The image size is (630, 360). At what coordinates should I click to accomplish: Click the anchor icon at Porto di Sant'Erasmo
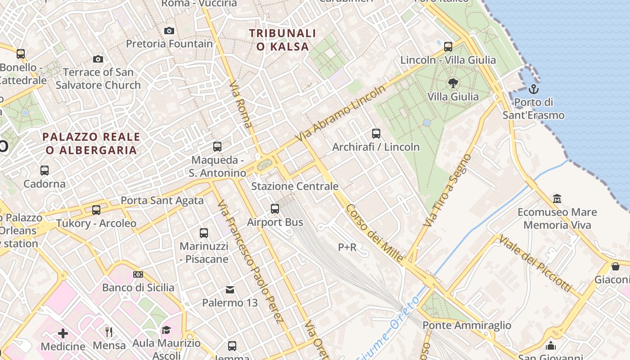tap(533, 89)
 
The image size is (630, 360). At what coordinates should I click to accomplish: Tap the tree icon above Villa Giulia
tap(453, 83)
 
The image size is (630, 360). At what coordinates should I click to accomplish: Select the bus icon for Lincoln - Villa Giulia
tap(448, 46)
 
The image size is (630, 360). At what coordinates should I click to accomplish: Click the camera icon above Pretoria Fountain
tap(169, 31)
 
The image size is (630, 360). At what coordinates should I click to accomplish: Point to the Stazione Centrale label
tap(295, 186)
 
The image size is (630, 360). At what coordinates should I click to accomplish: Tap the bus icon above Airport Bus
tap(275, 209)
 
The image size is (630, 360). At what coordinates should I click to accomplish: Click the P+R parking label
tap(347, 247)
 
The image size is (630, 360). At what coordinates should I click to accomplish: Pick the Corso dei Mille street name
tap(374, 234)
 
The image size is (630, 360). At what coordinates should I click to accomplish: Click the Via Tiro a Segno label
tap(447, 191)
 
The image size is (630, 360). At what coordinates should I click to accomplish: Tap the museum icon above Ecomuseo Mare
tap(557, 198)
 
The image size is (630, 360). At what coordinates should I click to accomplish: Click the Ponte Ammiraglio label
tap(467, 325)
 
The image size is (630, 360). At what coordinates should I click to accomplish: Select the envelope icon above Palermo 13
tap(230, 289)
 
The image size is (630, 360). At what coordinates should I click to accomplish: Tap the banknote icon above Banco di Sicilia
tap(138, 274)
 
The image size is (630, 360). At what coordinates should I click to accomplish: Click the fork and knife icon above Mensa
tap(109, 332)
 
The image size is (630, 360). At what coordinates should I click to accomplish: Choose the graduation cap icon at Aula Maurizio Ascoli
tap(166, 330)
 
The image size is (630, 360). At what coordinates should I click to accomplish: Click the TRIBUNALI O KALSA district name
tap(283, 40)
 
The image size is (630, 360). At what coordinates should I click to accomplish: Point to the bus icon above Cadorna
tap(45, 171)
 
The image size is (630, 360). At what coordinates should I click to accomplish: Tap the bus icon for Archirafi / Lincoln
tap(376, 134)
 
